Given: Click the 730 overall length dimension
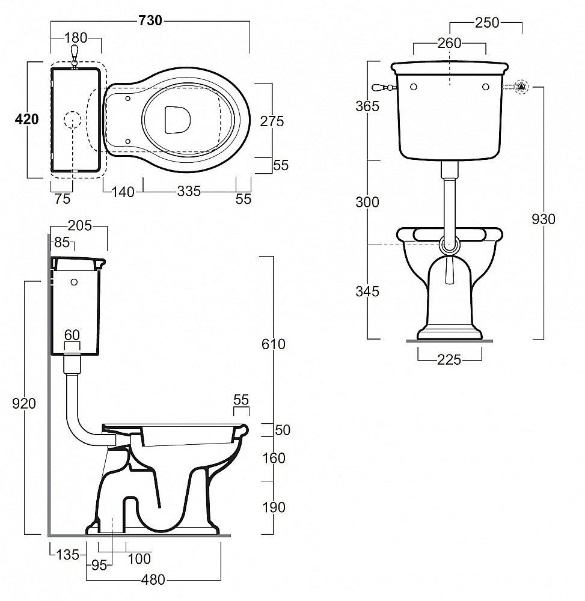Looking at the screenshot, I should point(150,20).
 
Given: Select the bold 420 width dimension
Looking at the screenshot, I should point(26,119).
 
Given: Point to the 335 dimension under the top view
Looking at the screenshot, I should point(189,192).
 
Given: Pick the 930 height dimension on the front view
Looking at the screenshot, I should point(543,219).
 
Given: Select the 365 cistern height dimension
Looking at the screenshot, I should point(367,106).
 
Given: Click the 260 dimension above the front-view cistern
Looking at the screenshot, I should point(449,43).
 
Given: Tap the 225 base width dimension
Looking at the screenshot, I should point(449,359).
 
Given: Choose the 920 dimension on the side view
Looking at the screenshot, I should point(24,404).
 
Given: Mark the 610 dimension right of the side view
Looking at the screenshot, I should point(274,344).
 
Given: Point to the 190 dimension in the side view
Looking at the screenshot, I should point(274,508).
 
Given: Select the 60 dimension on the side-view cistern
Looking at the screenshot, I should point(72,334).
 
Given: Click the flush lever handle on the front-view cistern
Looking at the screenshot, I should point(382,88).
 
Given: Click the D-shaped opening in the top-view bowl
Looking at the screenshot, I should point(177,118).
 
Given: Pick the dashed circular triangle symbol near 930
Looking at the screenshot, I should point(522,87).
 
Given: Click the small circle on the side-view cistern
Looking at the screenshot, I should point(74,281).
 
